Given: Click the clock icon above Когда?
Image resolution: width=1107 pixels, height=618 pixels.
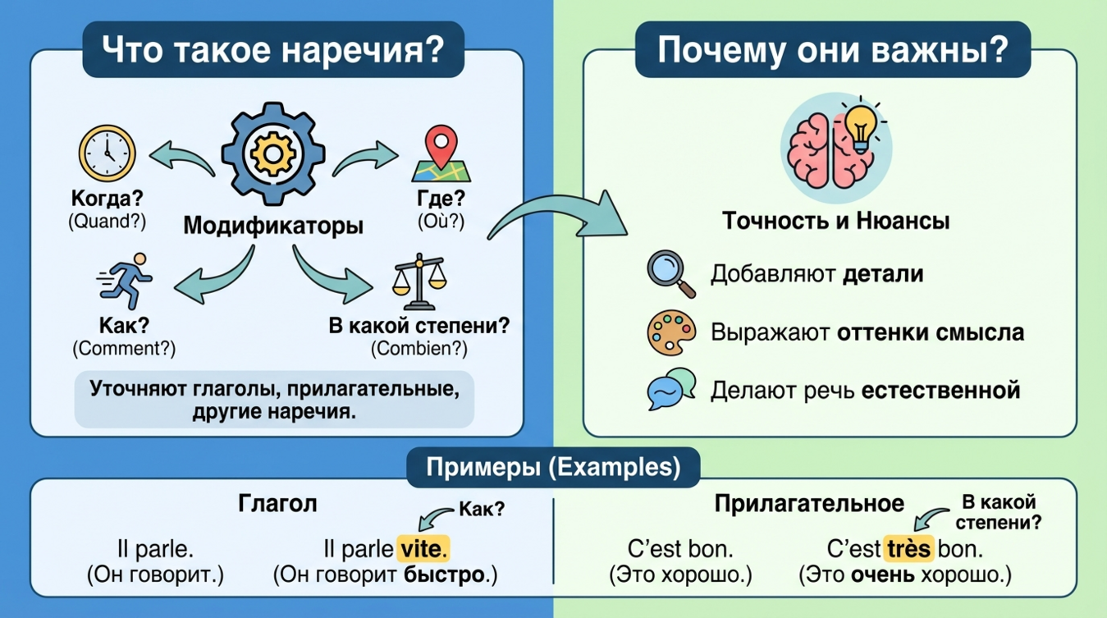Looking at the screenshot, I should pos(106,153).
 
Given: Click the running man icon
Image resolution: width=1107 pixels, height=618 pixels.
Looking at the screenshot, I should pos(126,279).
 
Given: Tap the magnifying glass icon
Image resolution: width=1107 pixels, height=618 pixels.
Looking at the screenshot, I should pos(670,273).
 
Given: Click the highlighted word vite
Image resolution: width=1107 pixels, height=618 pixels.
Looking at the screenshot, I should pos(423,547).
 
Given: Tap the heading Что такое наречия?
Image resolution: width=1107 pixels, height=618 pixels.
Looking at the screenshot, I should pos(272,50).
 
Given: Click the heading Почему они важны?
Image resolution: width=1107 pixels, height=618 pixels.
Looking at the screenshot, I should pos(832,50).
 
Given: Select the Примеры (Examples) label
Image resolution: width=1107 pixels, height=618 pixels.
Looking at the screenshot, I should pos(553,467).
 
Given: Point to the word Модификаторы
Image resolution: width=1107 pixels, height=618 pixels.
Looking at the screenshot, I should pos(273,225).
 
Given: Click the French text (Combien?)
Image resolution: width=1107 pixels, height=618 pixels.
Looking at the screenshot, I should pos(419,348).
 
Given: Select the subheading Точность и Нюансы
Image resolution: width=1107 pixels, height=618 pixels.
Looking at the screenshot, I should pos(835,222).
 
